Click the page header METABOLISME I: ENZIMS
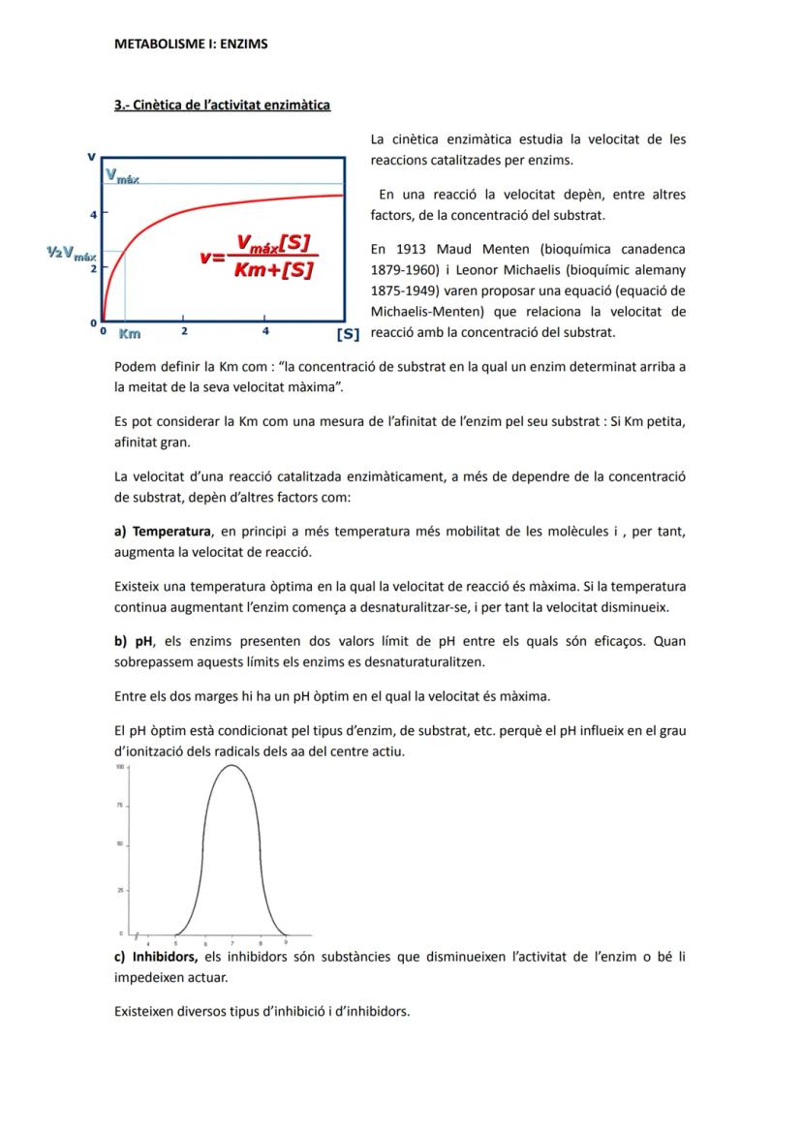(x=191, y=44)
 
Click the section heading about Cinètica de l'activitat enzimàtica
(x=222, y=105)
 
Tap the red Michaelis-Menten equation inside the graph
(x=259, y=257)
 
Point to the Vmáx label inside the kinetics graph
(x=123, y=176)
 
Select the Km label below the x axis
(x=129, y=334)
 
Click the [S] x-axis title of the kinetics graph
(x=348, y=334)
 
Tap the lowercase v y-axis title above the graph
(x=92, y=156)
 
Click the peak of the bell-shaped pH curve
(x=231, y=766)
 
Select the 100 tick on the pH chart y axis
(x=120, y=766)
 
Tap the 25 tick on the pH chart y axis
(x=121, y=888)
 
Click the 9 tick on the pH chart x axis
(x=285, y=941)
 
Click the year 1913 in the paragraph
(x=413, y=249)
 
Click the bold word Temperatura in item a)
(x=171, y=532)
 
